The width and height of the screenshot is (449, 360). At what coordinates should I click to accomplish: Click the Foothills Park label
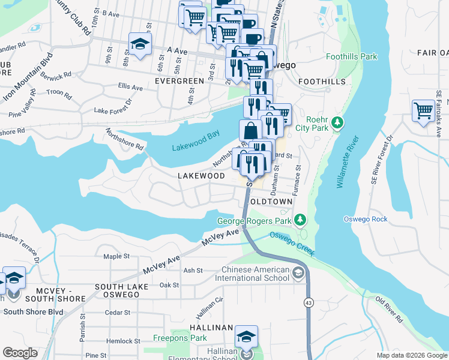point(351,57)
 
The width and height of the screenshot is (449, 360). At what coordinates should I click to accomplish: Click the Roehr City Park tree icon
point(339,123)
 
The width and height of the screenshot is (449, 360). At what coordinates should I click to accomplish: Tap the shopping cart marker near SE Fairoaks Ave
point(424,111)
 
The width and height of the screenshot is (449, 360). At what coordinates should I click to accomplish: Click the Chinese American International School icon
point(298,274)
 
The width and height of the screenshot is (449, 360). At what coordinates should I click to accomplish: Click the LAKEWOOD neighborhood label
point(201,176)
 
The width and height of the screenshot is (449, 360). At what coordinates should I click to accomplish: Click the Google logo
point(20,352)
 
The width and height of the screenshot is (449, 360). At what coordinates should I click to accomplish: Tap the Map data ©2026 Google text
point(411,355)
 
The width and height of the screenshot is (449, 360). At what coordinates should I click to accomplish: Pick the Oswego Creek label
point(292,244)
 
